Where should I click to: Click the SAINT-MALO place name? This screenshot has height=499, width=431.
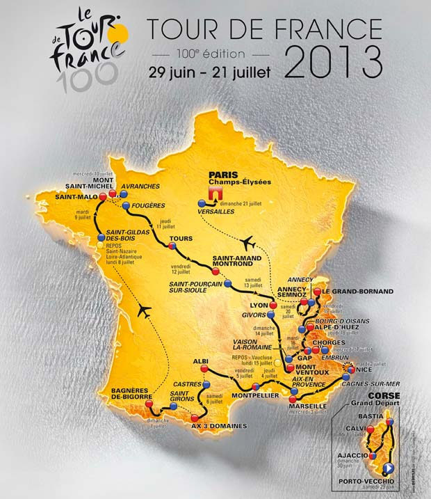tap(70, 197)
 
